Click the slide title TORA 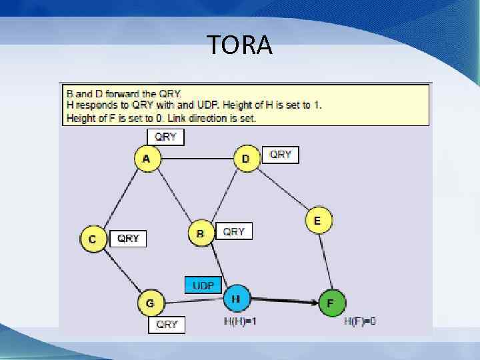(239, 45)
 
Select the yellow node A (147, 159)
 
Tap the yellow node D (246, 159)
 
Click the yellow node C (93, 239)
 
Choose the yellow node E (318, 221)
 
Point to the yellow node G (150, 303)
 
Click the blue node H (235, 299)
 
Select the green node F (331, 303)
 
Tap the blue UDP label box (203, 285)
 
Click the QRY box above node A (165, 137)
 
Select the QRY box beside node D (280, 155)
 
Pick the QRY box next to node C (128, 238)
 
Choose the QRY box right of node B (234, 231)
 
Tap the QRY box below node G (166, 325)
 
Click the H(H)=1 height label (240, 321)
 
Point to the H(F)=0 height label (359, 321)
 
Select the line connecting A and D (197, 159)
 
